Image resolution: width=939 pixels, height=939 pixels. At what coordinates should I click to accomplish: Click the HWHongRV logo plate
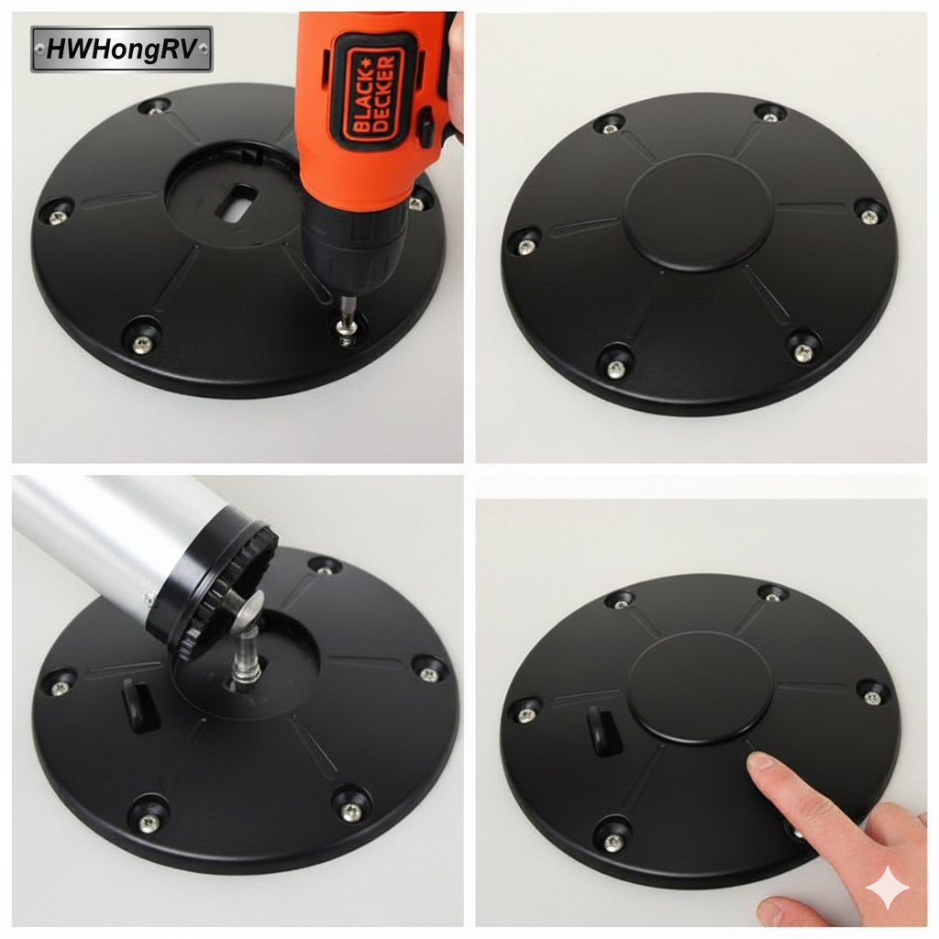[122, 50]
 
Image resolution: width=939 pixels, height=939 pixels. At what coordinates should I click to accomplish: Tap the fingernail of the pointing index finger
[760, 762]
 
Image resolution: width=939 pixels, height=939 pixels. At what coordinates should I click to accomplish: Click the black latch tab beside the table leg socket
[139, 705]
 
